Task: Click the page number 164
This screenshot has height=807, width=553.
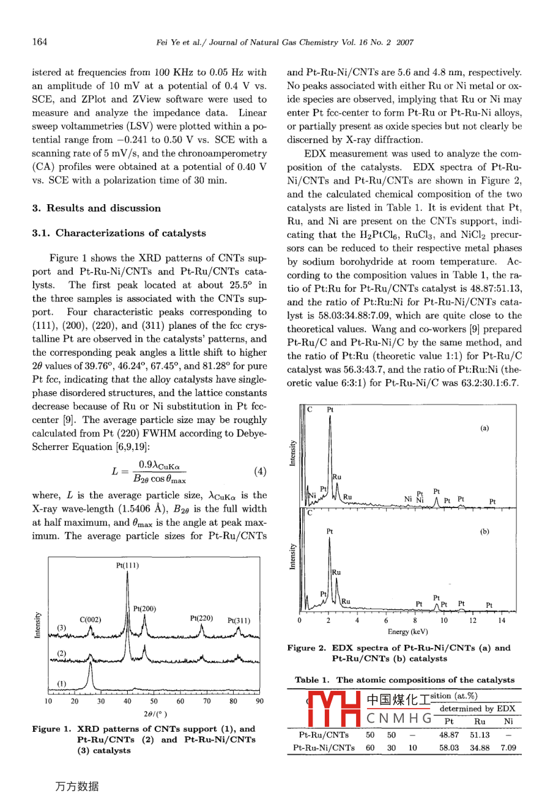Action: (40, 42)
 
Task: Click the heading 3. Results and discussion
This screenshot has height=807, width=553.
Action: (96, 208)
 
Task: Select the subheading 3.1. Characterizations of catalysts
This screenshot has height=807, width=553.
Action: (119, 233)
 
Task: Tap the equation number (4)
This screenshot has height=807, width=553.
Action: (259, 471)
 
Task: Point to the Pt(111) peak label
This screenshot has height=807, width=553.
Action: (127, 566)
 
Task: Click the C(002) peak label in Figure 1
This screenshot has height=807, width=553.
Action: (91, 619)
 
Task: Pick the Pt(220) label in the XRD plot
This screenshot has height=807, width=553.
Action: (201, 618)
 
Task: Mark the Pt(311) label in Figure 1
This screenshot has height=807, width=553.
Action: (239, 621)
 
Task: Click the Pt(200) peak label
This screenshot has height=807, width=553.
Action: (144, 608)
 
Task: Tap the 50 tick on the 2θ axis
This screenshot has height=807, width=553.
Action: (154, 701)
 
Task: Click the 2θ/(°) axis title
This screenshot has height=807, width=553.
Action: (154, 713)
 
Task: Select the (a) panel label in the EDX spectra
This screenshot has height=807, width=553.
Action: (484, 428)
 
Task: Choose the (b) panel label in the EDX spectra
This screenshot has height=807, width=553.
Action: (484, 531)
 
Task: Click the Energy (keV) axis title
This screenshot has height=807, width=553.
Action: (407, 632)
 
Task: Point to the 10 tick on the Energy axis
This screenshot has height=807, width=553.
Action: (444, 620)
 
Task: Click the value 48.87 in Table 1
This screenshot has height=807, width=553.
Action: (449, 735)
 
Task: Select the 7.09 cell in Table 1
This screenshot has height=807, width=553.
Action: (508, 747)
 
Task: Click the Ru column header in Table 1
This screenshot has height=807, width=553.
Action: (480, 721)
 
